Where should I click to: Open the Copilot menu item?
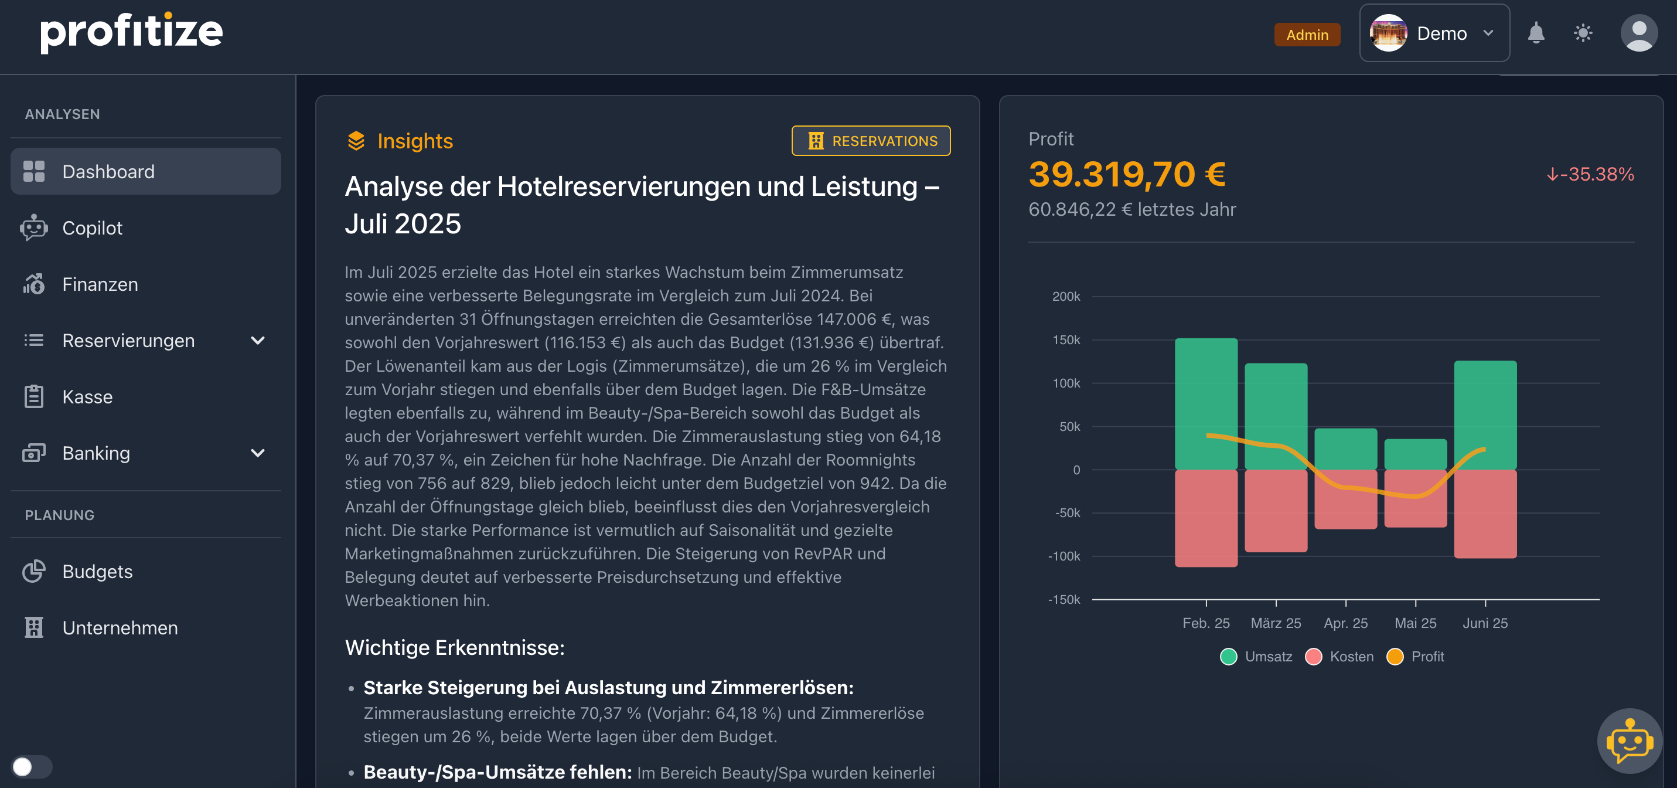tap(93, 228)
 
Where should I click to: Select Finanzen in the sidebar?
tap(100, 284)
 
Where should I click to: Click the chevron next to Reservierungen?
tap(258, 341)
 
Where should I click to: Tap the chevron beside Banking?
tap(258, 453)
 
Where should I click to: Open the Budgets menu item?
tap(97, 572)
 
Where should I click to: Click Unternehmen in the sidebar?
tap(120, 628)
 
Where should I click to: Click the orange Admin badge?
tap(1307, 35)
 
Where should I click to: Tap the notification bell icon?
tap(1536, 33)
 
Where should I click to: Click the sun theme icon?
tap(1583, 33)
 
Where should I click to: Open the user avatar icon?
tap(1638, 33)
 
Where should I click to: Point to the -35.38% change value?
tap(1590, 175)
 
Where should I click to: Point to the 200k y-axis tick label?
tap(1066, 297)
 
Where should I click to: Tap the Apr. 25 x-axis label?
tap(1345, 623)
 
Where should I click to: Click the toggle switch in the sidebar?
tap(31, 766)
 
